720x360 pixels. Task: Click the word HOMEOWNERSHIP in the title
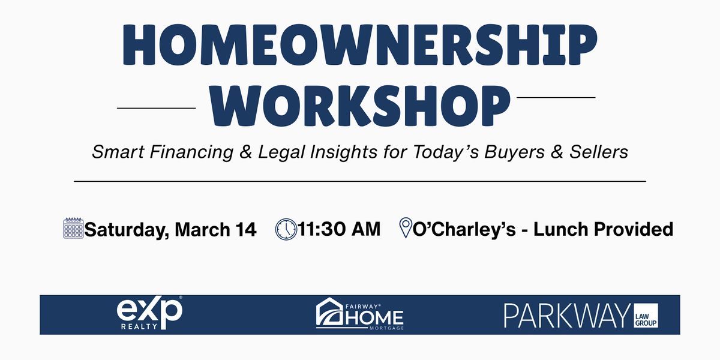pos(359,44)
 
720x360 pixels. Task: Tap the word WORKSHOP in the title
pos(359,106)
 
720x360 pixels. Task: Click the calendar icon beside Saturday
pos(73,228)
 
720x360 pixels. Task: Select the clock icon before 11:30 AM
pos(286,229)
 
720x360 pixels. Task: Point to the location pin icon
pos(406,227)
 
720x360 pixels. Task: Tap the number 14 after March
pos(246,229)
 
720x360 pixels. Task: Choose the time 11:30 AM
pos(340,229)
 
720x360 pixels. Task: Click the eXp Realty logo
pos(149,313)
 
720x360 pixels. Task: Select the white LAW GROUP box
pos(646,316)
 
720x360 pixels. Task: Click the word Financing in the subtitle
pos(191,152)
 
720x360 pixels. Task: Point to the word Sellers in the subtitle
pos(599,152)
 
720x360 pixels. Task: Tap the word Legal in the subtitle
pos(281,152)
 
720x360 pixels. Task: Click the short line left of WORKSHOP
pos(156,108)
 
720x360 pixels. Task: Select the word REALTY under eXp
pos(139,326)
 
